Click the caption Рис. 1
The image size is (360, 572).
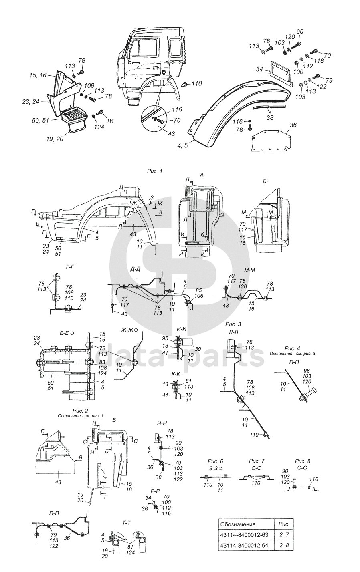click(x=155, y=171)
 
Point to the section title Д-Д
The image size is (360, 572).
click(x=135, y=270)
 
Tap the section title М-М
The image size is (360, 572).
click(x=250, y=270)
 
